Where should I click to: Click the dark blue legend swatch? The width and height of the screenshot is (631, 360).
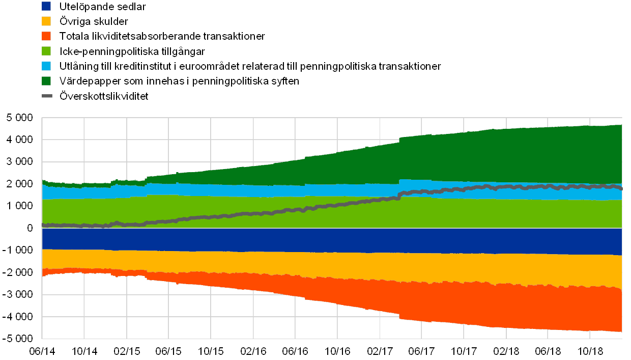[46, 7]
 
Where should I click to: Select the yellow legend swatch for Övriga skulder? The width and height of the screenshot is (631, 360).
[46, 21]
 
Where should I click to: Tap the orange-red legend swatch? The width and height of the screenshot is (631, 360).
[46, 36]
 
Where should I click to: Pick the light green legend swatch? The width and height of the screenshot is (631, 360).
[46, 51]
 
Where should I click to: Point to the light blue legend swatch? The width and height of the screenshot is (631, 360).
[46, 66]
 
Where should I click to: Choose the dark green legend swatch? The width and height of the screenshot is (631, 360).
[46, 81]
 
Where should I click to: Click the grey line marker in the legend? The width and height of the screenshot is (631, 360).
[46, 96]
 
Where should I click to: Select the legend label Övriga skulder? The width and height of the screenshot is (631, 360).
[94, 21]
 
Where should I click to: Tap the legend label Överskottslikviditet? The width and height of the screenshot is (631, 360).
[104, 96]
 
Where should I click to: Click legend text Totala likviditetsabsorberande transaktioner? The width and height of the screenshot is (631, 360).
[162, 36]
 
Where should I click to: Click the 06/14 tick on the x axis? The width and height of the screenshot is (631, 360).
[42, 351]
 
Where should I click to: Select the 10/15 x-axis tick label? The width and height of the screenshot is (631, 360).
[211, 351]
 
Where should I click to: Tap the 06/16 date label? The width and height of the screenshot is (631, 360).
[295, 351]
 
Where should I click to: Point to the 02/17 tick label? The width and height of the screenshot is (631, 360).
[380, 351]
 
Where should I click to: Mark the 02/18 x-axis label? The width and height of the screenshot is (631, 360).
[506, 351]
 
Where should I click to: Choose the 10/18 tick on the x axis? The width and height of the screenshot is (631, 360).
[590, 351]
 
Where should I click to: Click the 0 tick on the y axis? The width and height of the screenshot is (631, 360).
[30, 228]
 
